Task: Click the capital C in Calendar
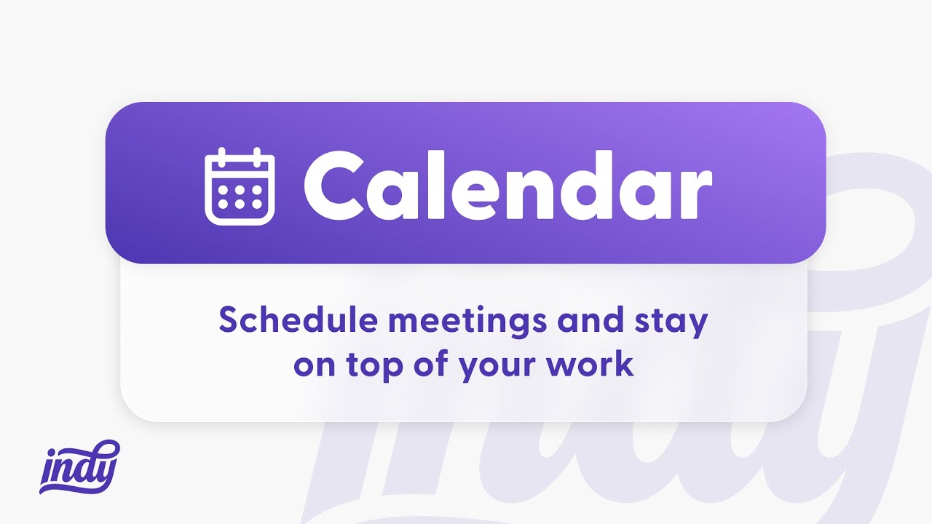tap(335, 186)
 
